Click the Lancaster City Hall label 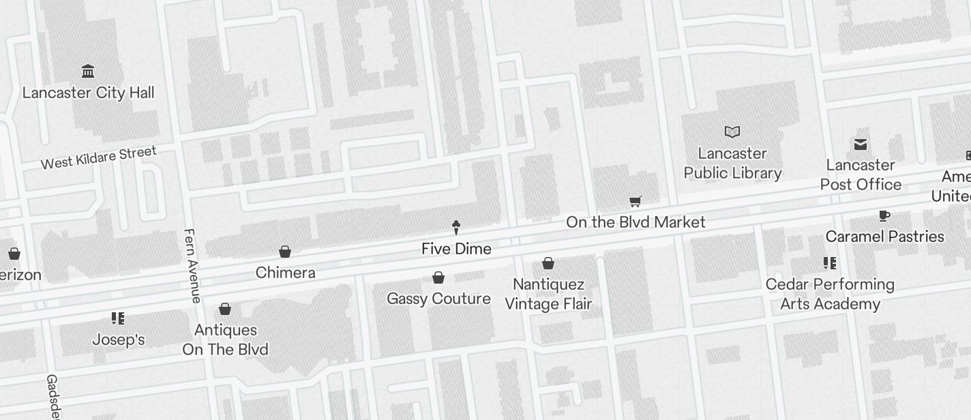click(x=89, y=93)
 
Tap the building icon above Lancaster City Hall click(x=88, y=72)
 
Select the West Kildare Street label click(x=98, y=157)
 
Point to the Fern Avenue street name click(x=192, y=265)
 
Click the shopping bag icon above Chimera click(x=285, y=252)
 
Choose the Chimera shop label click(x=285, y=273)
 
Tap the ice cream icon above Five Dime click(x=456, y=227)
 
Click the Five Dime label click(x=456, y=249)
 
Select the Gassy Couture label click(x=438, y=299)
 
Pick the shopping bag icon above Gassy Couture click(x=438, y=277)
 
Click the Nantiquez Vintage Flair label click(x=548, y=294)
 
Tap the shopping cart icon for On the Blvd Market click(x=636, y=201)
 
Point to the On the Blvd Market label click(x=636, y=222)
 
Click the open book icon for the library click(x=732, y=132)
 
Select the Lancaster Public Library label click(x=732, y=163)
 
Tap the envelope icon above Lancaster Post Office click(x=861, y=144)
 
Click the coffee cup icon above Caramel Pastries click(x=884, y=216)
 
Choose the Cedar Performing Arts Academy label click(x=830, y=294)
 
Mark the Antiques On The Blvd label click(x=225, y=340)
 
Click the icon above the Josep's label click(x=118, y=318)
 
